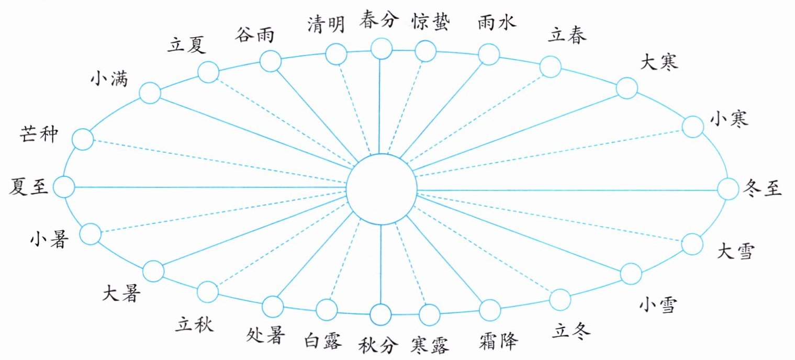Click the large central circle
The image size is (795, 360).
382,188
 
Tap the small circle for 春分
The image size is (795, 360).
381,49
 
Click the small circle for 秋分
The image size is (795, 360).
380,315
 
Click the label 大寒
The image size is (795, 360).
659,62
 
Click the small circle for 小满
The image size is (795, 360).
150,93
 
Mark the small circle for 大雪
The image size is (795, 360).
692,244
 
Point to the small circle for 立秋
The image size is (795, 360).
208,291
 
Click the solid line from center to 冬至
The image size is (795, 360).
565,189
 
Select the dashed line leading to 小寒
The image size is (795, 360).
550,152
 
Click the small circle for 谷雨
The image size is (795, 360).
271,61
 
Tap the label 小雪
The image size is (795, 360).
659,304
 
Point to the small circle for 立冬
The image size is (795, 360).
560,299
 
